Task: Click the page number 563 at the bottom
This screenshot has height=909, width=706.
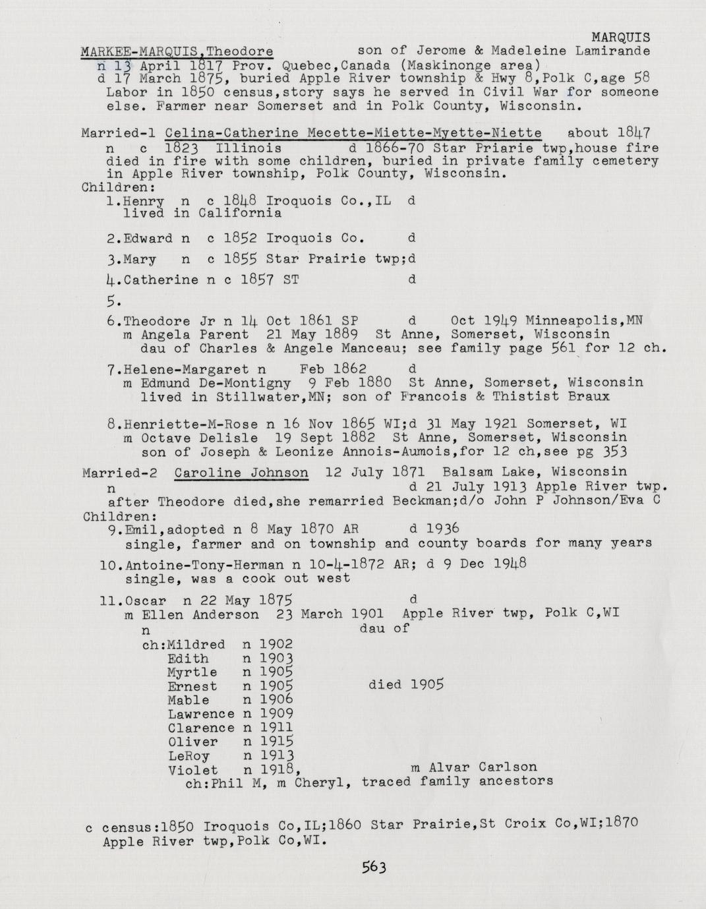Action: pyautogui.click(x=373, y=867)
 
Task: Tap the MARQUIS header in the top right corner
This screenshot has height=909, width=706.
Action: pyautogui.click(x=620, y=38)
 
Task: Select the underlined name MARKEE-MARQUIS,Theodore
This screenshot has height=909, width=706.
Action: pyautogui.click(x=177, y=51)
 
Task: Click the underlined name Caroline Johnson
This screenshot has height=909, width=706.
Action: pyautogui.click(x=241, y=473)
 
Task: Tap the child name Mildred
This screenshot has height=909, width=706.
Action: pyautogui.click(x=196, y=644)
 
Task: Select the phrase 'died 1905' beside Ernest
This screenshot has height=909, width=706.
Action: pyautogui.click(x=406, y=685)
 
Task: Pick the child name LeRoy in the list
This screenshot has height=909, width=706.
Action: pyautogui.click(x=189, y=756)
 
